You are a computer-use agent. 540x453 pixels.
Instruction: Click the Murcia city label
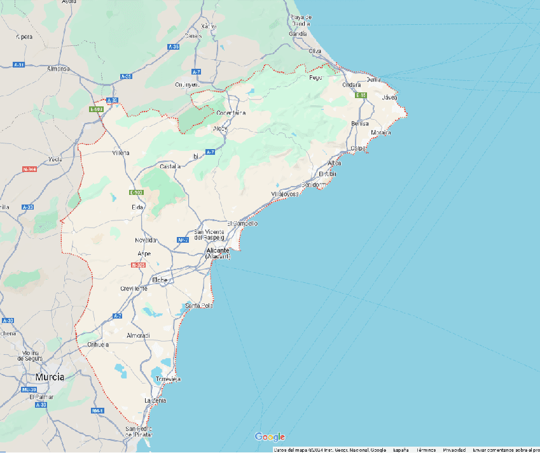click(49, 377)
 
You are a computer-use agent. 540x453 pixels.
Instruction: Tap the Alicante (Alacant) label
click(218, 253)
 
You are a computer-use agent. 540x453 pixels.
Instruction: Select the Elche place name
click(160, 280)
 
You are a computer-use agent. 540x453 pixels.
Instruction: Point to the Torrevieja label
click(169, 378)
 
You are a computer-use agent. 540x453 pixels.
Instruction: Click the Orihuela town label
click(97, 344)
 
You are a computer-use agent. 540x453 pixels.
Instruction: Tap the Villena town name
click(120, 153)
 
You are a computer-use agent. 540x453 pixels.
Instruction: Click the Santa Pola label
click(198, 306)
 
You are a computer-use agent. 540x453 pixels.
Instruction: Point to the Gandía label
click(298, 33)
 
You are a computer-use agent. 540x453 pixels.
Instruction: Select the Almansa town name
click(58, 68)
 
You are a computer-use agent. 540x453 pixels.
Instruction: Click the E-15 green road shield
click(361, 95)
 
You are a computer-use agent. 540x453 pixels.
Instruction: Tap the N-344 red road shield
click(29, 169)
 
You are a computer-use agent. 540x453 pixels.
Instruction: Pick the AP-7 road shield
click(183, 240)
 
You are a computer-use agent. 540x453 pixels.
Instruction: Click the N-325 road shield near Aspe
click(140, 264)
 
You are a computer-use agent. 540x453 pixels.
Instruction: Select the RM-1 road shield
click(97, 410)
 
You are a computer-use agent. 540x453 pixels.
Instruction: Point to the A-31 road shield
click(19, 64)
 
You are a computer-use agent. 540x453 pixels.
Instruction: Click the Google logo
click(270, 436)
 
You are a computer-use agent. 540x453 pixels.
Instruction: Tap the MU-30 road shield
click(29, 389)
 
